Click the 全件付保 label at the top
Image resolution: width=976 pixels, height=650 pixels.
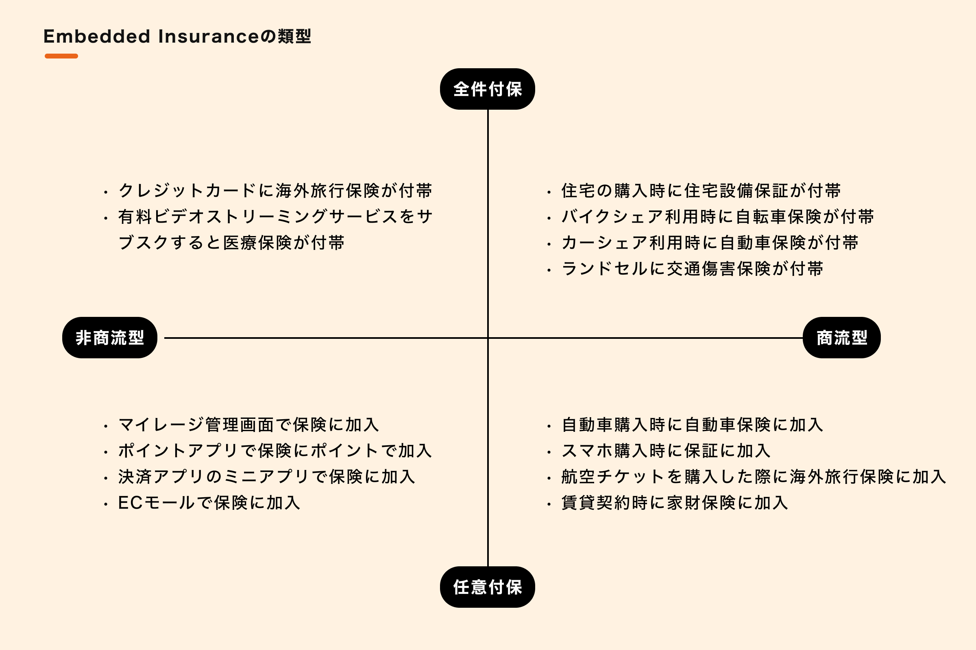(x=487, y=89)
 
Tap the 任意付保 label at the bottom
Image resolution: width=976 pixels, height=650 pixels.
(x=487, y=587)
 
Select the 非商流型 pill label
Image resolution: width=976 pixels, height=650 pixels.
(x=109, y=338)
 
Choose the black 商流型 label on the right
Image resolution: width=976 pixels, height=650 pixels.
(x=841, y=338)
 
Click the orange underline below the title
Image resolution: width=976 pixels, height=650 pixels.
(x=61, y=56)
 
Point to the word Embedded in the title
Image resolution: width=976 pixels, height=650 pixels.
(x=96, y=37)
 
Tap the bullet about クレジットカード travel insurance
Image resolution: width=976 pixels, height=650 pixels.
(x=275, y=191)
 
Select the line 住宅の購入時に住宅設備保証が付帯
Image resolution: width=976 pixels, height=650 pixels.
(x=701, y=191)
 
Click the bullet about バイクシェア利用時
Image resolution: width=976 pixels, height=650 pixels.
(x=717, y=217)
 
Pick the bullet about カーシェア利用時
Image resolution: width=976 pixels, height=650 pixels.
(x=710, y=243)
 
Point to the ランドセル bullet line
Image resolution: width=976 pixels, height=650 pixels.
(x=692, y=269)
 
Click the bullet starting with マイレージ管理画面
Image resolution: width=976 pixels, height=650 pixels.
(x=248, y=425)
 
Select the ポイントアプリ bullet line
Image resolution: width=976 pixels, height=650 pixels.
(x=275, y=451)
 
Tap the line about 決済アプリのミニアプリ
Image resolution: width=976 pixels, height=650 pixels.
(x=266, y=477)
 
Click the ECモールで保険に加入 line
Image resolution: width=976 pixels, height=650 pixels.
(x=209, y=503)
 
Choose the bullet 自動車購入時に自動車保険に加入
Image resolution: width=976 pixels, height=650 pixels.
(x=692, y=425)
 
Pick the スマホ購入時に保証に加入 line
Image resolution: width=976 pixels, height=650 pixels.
(x=666, y=451)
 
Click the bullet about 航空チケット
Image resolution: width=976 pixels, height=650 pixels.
(x=754, y=477)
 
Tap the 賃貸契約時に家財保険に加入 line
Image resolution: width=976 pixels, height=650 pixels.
(x=675, y=503)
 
